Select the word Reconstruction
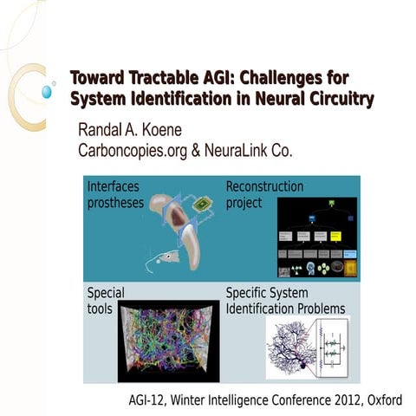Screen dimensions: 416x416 [264, 186]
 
